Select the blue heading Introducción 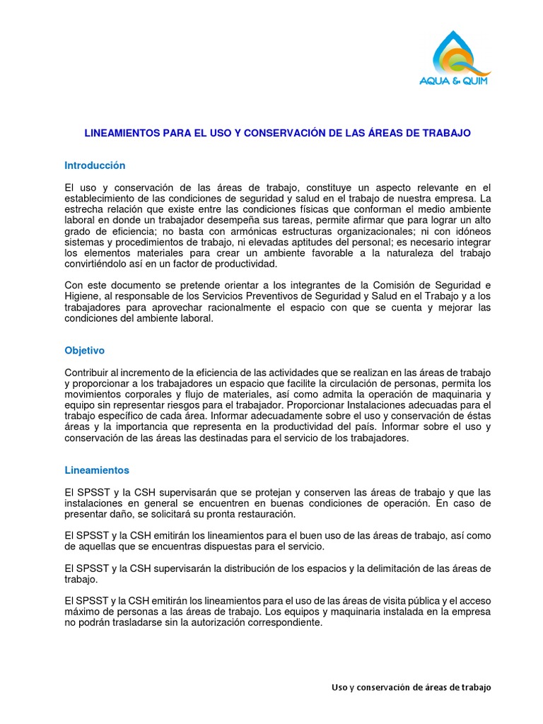(95, 165)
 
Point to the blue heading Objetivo (84, 350)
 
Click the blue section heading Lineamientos (97, 469)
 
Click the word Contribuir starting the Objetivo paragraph (88, 373)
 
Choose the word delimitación (411, 569)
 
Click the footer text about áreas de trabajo (411, 687)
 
